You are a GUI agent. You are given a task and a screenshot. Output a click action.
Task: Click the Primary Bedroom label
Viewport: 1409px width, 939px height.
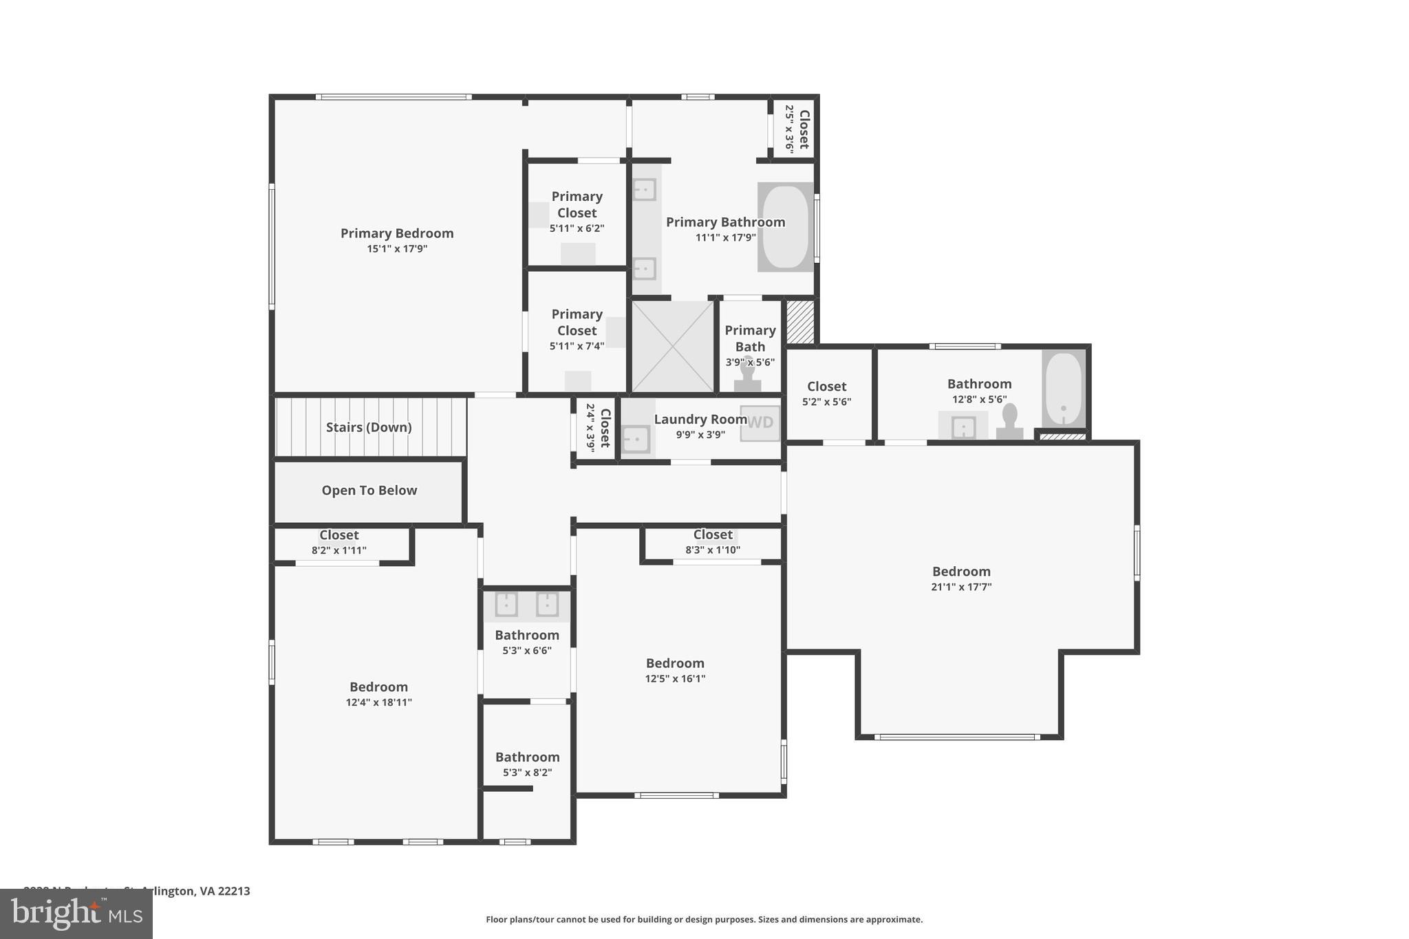click(397, 233)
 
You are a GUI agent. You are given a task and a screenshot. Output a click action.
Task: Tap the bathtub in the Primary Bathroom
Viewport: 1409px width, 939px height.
click(786, 227)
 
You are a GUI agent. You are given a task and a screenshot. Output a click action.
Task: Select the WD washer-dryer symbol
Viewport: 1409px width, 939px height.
click(760, 422)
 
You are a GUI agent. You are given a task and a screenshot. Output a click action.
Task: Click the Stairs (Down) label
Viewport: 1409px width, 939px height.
click(369, 427)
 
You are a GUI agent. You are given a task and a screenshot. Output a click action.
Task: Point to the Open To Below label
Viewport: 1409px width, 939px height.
click(369, 490)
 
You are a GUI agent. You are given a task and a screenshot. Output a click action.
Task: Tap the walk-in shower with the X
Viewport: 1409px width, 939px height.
click(673, 346)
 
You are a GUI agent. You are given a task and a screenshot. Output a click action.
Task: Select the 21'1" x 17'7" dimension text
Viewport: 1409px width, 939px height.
click(961, 587)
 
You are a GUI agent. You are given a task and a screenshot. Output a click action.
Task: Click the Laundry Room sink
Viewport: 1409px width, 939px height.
click(636, 439)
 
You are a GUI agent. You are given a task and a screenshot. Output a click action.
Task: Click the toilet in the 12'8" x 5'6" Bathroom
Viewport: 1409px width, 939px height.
click(1009, 422)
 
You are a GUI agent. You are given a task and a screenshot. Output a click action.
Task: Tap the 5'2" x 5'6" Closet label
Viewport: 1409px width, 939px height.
click(826, 387)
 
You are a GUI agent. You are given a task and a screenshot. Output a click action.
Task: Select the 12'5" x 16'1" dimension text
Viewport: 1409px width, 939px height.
click(675, 678)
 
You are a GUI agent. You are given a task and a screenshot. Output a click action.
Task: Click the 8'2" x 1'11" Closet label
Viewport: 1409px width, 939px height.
click(338, 535)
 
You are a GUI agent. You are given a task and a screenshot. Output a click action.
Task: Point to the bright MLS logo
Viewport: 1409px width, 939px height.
click(76, 914)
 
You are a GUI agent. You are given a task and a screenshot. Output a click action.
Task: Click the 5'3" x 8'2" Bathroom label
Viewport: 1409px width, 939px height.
click(527, 757)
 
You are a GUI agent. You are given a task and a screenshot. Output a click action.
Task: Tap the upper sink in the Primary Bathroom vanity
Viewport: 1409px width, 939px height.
click(644, 189)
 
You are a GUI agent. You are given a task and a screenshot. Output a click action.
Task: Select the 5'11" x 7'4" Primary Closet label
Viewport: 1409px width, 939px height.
click(577, 322)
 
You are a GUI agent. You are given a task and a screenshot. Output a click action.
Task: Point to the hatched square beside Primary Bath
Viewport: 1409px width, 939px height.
click(800, 321)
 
